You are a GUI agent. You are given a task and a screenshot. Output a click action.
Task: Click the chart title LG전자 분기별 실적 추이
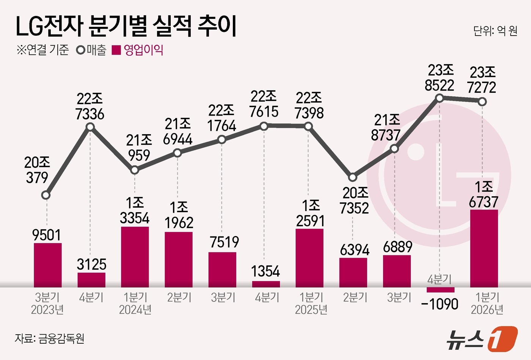[126, 27]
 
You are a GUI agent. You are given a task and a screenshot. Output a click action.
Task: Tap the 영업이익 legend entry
[138, 50]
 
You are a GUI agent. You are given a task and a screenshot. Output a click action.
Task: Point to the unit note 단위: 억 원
[495, 31]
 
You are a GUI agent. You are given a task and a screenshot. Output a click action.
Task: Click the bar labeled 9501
[48, 265]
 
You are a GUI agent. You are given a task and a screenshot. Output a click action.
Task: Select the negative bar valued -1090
[440, 290]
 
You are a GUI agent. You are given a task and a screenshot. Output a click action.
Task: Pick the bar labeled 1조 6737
[484, 248]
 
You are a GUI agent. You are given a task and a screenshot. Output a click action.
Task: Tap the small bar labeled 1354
[266, 284]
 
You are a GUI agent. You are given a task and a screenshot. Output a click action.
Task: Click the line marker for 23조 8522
[440, 98]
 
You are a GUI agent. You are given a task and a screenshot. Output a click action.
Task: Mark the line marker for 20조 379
[46, 196]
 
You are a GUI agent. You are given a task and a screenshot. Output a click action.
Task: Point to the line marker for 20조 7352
[353, 177]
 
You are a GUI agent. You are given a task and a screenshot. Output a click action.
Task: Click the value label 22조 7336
[90, 106]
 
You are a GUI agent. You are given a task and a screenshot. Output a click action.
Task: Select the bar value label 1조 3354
[135, 211]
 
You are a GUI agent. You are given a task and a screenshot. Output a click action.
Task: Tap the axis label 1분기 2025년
[311, 304]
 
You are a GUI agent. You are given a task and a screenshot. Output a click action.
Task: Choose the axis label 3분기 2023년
[47, 304]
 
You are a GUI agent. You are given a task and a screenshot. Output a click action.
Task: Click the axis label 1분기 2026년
[487, 304]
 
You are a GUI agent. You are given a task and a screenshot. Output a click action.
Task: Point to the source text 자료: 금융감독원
[49, 338]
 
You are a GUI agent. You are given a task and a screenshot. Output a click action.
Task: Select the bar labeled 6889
[397, 271]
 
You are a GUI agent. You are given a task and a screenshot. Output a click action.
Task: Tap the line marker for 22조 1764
[222, 140]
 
